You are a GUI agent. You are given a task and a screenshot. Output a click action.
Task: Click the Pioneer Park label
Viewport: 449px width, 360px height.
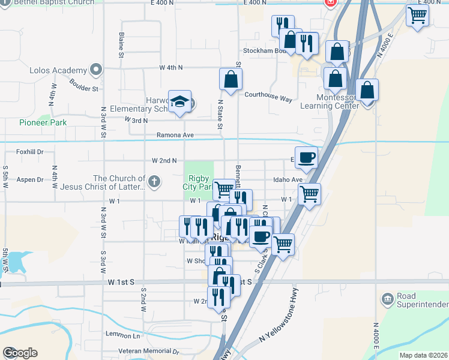pyautogui.click(x=43, y=122)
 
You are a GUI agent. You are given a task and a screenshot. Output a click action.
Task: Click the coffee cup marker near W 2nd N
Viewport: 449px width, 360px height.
pyautogui.click(x=306, y=157)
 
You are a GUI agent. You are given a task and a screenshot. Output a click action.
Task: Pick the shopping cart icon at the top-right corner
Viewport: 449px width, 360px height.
pyautogui.click(x=417, y=16)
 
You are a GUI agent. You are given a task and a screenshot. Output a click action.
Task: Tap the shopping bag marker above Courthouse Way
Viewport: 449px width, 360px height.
pyautogui.click(x=231, y=79)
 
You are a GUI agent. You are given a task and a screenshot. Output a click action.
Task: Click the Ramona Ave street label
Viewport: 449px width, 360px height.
pyautogui.click(x=175, y=135)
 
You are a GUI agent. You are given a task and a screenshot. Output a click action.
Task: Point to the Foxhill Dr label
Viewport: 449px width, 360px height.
pyautogui.click(x=31, y=152)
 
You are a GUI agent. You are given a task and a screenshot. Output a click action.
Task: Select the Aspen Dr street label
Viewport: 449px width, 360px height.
pyautogui.click(x=31, y=179)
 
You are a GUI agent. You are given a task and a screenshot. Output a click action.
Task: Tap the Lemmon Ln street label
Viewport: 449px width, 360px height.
pyautogui.click(x=122, y=334)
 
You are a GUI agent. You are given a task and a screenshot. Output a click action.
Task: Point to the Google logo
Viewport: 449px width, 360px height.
pyautogui.click(x=20, y=353)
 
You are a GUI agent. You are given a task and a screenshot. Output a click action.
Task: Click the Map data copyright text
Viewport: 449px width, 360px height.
pyautogui.click(x=423, y=355)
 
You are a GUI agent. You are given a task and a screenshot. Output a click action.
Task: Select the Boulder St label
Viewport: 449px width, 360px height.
pyautogui.click(x=83, y=85)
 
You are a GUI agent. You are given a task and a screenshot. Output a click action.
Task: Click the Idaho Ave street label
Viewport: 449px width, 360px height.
pyautogui.click(x=288, y=179)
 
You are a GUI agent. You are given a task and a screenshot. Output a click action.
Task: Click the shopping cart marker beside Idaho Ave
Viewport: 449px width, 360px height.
pyautogui.click(x=309, y=194)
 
